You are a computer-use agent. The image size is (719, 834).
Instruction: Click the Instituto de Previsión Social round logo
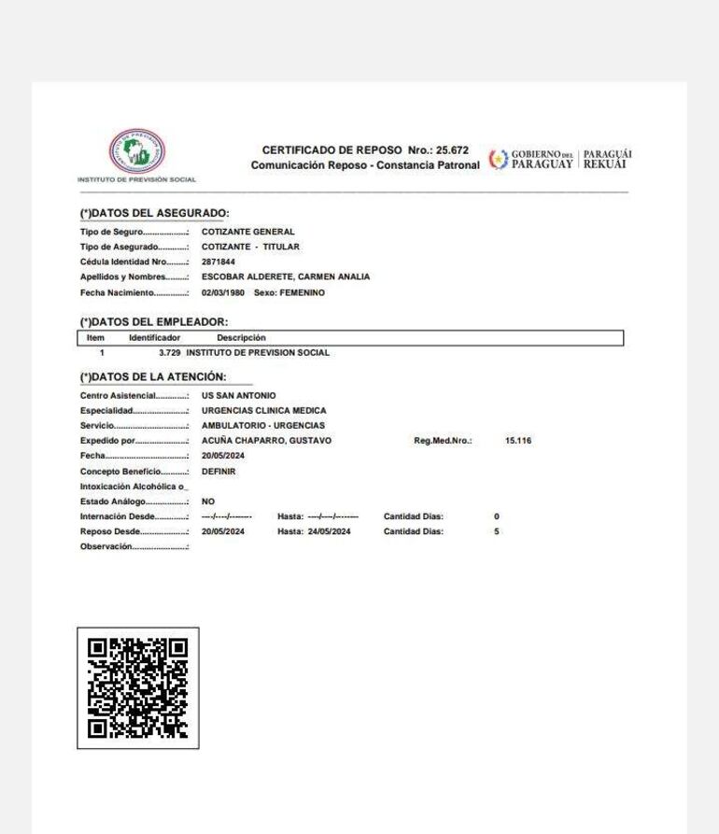(x=136, y=149)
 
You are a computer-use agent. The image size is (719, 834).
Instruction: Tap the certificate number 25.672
(x=450, y=150)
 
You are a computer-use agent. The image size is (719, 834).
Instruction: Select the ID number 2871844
(x=219, y=262)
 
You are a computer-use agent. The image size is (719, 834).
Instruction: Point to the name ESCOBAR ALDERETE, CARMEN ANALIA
(x=286, y=277)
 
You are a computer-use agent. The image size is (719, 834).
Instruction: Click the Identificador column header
(x=155, y=337)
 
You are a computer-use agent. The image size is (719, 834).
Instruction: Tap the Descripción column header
(x=241, y=337)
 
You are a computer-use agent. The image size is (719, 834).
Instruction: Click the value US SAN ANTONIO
(x=238, y=396)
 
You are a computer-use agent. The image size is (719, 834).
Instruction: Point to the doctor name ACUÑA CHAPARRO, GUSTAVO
(x=266, y=441)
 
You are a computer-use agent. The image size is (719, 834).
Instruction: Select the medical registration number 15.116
(x=517, y=441)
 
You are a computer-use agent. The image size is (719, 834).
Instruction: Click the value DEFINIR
(x=219, y=472)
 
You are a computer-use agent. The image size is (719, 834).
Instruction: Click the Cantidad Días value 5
(x=497, y=531)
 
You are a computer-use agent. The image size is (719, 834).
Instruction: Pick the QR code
(x=137, y=687)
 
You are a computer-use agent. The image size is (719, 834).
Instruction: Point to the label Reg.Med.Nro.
(x=443, y=441)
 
